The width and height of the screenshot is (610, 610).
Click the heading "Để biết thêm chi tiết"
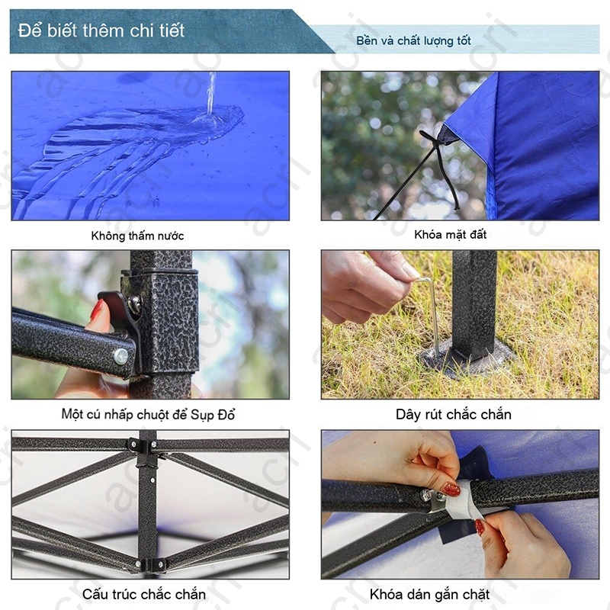click(x=101, y=30)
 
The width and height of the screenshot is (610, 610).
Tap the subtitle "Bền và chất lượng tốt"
click(x=413, y=40)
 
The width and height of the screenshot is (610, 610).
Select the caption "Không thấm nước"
click(x=137, y=236)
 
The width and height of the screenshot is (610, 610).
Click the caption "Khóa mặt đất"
click(x=450, y=234)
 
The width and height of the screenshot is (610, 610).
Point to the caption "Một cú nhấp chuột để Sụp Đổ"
click(x=148, y=414)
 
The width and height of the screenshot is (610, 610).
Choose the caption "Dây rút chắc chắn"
click(x=453, y=414)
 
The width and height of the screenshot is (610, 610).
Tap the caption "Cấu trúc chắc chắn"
click(x=144, y=594)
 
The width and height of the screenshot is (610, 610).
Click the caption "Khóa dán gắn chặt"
click(x=429, y=595)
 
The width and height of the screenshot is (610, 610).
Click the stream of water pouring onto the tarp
click(x=211, y=93)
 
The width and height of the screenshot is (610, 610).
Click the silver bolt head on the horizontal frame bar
click(x=120, y=355)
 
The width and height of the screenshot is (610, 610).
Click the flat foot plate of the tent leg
click(x=467, y=357)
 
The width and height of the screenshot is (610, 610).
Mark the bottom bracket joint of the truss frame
click(x=150, y=564)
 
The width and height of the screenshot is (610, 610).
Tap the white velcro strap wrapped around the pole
click(x=464, y=501)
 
